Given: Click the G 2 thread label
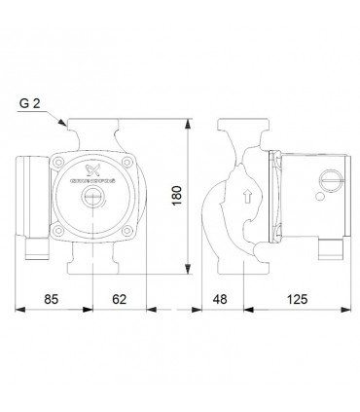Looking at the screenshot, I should [x=30, y=100].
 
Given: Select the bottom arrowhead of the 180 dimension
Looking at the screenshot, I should [x=186, y=275].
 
